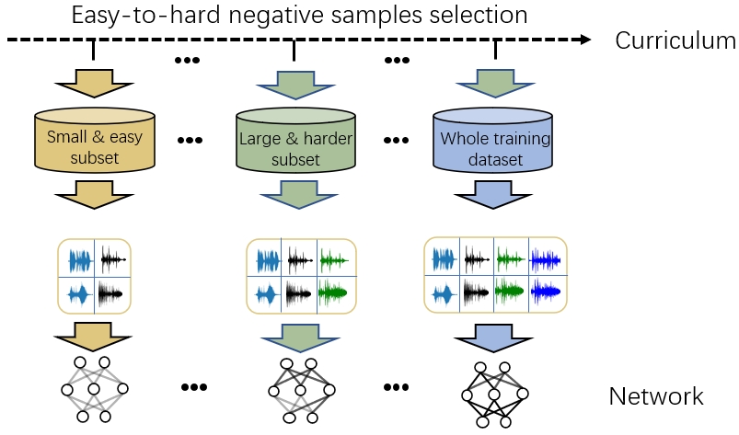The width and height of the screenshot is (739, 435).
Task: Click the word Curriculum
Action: [x=675, y=41]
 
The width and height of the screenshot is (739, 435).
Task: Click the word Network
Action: [x=655, y=396]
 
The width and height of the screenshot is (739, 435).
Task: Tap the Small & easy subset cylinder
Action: [x=93, y=142]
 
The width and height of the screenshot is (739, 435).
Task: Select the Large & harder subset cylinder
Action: [x=294, y=143]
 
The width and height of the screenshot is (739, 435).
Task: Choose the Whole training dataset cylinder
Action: [x=494, y=143]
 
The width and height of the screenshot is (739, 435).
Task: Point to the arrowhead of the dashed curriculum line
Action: [x=584, y=40]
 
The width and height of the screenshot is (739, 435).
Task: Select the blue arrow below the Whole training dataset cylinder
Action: [x=495, y=196]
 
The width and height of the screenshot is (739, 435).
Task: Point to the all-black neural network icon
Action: [x=494, y=394]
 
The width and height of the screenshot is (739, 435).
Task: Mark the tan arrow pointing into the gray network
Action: [x=93, y=333]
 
